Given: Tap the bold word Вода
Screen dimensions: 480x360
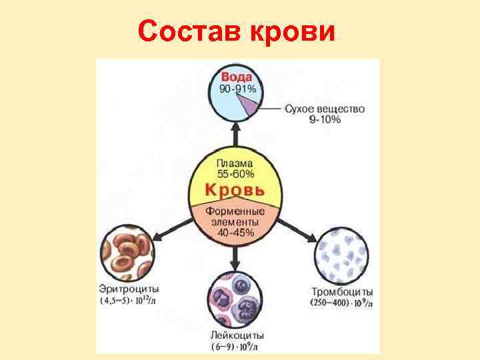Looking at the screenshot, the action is [237, 77].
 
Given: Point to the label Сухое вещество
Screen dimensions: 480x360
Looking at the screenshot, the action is [325, 109].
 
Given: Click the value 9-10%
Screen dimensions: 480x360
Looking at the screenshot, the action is [324, 119].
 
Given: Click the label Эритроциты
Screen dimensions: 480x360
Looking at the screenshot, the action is [130, 291].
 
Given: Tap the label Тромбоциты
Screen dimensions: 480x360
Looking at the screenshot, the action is [342, 292].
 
